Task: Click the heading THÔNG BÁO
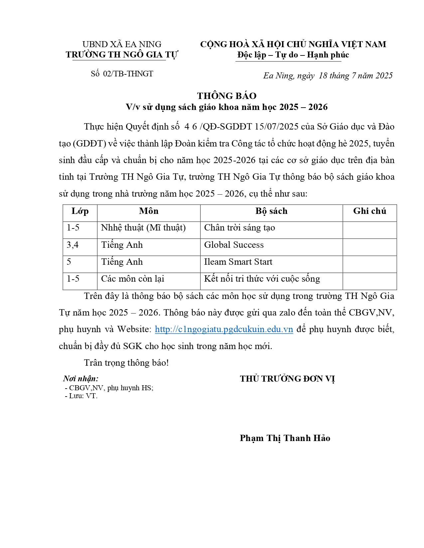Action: point(226,96)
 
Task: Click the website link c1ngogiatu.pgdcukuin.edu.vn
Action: point(224,329)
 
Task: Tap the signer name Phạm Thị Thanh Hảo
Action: point(285,438)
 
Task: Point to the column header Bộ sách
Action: point(271,211)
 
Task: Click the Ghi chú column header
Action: point(369,211)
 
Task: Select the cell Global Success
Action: point(234,245)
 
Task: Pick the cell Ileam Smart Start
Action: point(238,262)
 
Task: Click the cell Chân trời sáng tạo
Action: point(239,228)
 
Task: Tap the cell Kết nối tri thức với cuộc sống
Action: point(262,279)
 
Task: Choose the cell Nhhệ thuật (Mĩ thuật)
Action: point(143,228)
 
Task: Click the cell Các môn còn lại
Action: point(132,279)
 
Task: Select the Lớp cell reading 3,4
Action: point(72,245)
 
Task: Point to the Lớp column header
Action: point(80,211)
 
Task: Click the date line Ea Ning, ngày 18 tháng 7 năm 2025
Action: point(328,76)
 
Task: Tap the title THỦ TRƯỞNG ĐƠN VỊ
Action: point(287,379)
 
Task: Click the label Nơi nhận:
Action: point(81,379)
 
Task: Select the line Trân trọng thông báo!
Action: point(126,363)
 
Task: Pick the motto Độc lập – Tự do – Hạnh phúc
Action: point(293,55)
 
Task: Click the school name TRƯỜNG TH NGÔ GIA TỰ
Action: point(122,55)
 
